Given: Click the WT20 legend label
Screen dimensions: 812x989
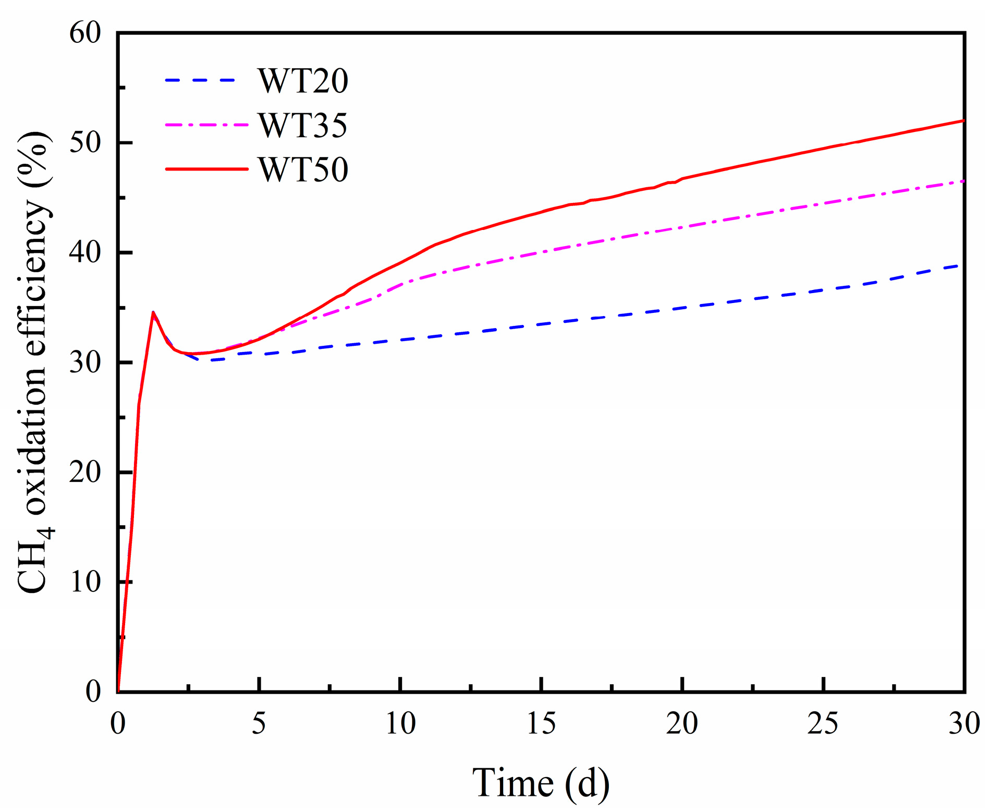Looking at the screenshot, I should click(302, 81).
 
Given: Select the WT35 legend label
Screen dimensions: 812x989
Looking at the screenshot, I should click(302, 126).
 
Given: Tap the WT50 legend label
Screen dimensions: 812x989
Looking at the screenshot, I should click(302, 170).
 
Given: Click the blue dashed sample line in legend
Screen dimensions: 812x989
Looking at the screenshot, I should click(201, 80).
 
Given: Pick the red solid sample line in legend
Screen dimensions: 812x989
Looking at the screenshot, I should click(206, 169).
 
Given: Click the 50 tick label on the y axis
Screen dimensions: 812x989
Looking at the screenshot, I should click(85, 143).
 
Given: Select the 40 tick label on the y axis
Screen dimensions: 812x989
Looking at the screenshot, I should click(85, 253).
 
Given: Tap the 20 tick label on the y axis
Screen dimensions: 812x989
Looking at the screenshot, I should click(85, 472).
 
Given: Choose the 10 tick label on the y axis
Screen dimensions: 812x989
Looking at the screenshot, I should click(85, 582).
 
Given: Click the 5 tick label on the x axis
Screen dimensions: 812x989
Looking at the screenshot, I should click(259, 724).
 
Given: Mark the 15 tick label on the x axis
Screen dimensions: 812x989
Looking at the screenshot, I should click(541, 724).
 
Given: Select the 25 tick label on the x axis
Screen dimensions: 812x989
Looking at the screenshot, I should click(823, 724).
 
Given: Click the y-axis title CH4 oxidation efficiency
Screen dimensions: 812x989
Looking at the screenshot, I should click(35, 362).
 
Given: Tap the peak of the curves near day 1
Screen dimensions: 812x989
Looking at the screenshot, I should click(153, 312).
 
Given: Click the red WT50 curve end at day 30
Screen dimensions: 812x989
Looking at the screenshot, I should click(962, 120).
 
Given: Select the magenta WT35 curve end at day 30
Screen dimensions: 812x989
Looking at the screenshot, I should click(962, 181).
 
